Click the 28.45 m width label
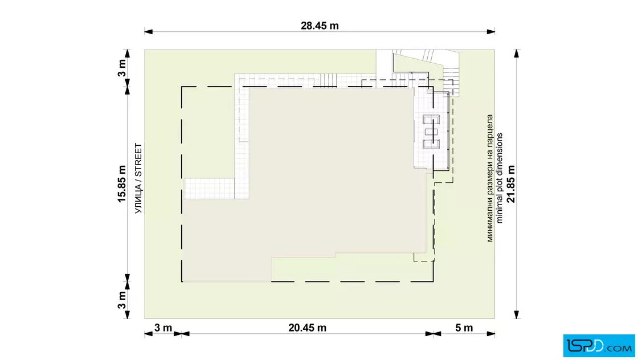[320, 26]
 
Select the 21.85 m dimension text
[512, 184]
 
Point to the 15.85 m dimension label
[122, 184]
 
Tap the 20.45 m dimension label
[307, 328]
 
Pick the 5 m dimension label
[464, 328]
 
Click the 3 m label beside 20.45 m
[163, 328]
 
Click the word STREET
[138, 160]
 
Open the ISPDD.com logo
[599, 346]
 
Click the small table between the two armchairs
[431, 132]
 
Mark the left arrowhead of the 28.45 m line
[149, 31]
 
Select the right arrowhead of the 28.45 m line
[490, 31]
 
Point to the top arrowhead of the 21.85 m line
[517, 54]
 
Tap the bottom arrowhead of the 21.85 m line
[517, 314]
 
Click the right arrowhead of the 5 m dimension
[490, 334]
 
